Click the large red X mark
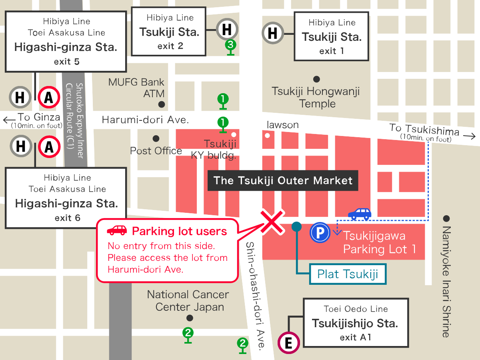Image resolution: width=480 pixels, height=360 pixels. pos(272,221)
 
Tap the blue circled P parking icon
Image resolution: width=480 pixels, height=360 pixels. pos(320,233)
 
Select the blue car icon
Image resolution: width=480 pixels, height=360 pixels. pos(360,214)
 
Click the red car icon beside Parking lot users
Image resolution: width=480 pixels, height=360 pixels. pos(117,230)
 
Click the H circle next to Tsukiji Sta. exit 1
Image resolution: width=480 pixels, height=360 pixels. pos(273,33)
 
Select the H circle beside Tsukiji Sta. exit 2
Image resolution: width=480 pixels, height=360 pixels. pos(227,29)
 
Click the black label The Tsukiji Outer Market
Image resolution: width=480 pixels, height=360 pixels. pos(283,180)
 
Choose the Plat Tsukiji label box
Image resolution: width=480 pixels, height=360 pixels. pos(348,274)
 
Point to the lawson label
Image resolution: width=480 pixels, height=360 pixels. pos(283,125)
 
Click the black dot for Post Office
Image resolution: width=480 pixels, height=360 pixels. pos(156,138)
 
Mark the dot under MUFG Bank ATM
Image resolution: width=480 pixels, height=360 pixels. pos(162,104)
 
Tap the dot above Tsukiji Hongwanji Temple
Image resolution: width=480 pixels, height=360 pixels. pos(316,79)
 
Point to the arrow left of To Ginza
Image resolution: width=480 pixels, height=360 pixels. pos(8,119)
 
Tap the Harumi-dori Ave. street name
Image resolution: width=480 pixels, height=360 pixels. pos(145,120)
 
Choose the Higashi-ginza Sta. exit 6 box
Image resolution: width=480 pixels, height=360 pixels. pos(66,198)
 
